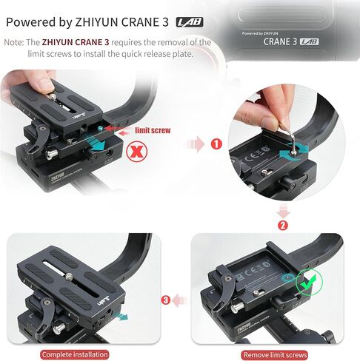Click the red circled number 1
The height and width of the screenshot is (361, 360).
pyautogui.click(x=216, y=144)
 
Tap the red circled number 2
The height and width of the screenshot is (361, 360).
pyautogui.click(x=283, y=225)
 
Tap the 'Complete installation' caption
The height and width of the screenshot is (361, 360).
pyautogui.click(x=87, y=354)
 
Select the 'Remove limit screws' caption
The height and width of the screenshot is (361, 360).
pyautogui.click(x=276, y=354)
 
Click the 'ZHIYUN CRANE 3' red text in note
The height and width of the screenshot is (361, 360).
pyautogui.click(x=72, y=42)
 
